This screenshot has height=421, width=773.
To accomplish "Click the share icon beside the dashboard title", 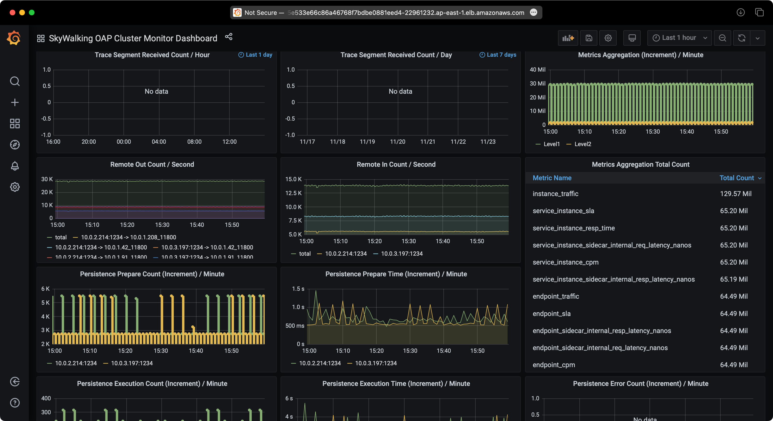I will coord(229,37).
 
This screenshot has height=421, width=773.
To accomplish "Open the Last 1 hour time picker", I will coord(679,38).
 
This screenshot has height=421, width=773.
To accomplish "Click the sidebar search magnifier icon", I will coord(15,81).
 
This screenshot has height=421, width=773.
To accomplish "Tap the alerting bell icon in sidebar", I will coord(15,166).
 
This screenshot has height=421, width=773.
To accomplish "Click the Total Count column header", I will coord(737,178).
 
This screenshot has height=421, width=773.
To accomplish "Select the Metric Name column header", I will coord(552,178).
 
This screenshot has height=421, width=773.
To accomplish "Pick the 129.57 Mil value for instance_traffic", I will coord(736,194).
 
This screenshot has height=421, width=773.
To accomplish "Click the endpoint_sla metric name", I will coord(552,314).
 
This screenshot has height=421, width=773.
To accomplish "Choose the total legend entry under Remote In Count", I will coord(305,254).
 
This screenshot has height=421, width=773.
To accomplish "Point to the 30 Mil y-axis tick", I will coord(537,83).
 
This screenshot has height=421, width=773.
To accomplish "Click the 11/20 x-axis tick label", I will coord(397,142).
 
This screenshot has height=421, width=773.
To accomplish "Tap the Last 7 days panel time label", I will coord(501,55).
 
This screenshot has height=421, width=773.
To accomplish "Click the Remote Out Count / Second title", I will coord(152,164).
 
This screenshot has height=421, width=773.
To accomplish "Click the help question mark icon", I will coord(15,403).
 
